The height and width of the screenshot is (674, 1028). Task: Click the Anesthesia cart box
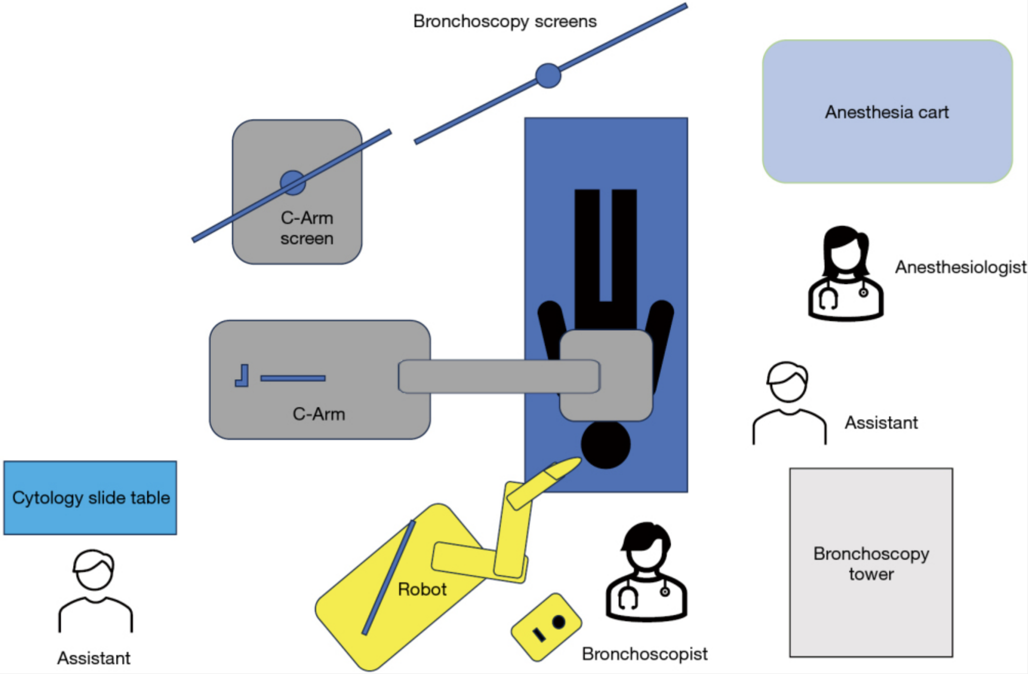click(887, 112)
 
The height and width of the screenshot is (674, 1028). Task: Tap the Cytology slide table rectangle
click(90, 498)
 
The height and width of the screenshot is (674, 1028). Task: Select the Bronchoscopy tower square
click(871, 562)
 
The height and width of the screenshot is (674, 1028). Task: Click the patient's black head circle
click(605, 445)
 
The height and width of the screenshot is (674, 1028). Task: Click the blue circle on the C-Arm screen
click(293, 183)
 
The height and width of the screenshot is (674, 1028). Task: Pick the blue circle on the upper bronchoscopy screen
click(548, 76)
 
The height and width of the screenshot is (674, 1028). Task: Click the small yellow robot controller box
click(546, 627)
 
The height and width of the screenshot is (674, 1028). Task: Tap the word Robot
click(422, 589)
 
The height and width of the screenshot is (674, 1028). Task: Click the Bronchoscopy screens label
click(505, 22)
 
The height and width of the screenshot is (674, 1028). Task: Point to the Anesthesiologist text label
click(960, 267)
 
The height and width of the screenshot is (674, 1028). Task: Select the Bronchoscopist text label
click(645, 654)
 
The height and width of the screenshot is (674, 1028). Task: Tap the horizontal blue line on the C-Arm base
click(293, 378)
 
